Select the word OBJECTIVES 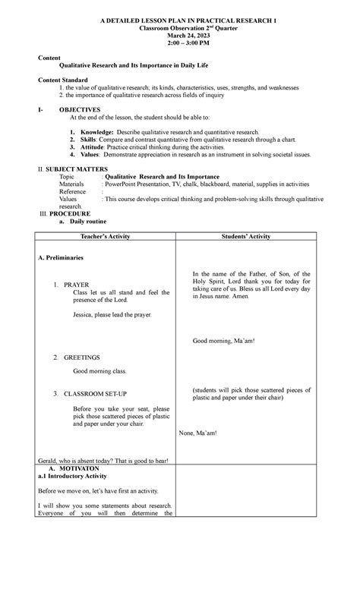(79, 110)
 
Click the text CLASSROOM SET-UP (95, 394)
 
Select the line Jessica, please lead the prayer (112, 313)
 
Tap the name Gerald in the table (47, 461)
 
